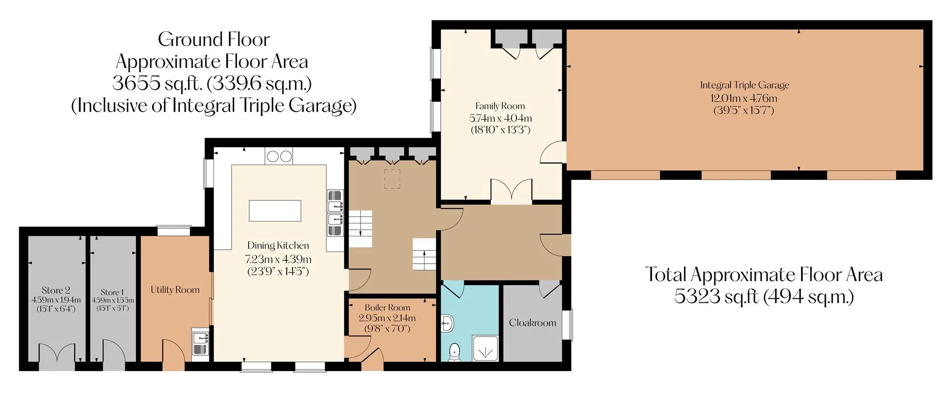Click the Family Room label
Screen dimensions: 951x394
coord(500,106)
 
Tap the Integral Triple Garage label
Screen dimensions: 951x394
coord(744,85)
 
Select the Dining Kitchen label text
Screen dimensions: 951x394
coord(278,246)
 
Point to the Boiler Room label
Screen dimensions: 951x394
coord(387,308)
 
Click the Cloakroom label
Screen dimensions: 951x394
coord(532,323)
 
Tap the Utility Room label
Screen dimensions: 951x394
coord(175,290)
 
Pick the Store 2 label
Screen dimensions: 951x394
coord(56,290)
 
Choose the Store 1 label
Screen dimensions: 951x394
coord(112,292)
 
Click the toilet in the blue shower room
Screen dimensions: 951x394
coord(454,352)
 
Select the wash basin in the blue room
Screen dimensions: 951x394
coord(447,324)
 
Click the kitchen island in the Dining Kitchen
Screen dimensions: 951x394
coord(275,210)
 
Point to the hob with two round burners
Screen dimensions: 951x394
coord(279,157)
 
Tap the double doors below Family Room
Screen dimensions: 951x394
coord(512,191)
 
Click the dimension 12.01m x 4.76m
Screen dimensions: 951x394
coord(744,98)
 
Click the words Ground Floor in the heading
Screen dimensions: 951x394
coord(214,39)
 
